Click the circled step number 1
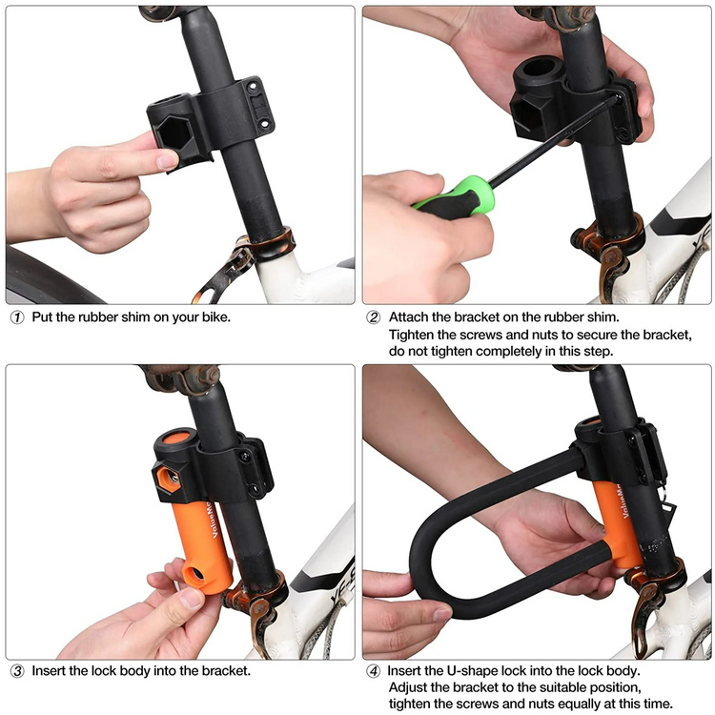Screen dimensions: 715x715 (x=17, y=317)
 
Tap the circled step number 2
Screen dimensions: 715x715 (x=374, y=317)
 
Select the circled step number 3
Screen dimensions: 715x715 (x=17, y=671)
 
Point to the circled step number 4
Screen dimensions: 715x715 (x=374, y=671)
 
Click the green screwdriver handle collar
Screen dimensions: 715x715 (x=480, y=194)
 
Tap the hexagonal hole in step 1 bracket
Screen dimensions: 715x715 (x=174, y=133)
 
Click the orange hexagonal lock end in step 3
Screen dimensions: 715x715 (x=169, y=479)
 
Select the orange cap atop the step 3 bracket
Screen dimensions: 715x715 (x=176, y=438)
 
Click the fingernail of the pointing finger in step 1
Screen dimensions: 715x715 (x=167, y=160)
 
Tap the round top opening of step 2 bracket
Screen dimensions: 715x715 (x=541, y=69)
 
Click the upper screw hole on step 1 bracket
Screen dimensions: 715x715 (x=253, y=86)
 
